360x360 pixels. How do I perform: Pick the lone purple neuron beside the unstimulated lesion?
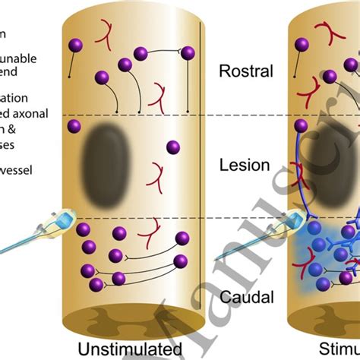coord(173,146)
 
